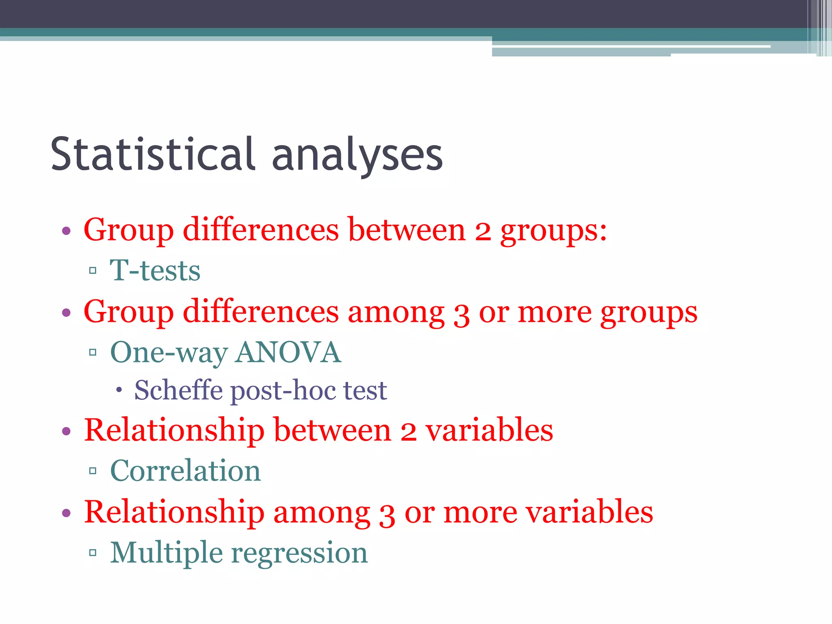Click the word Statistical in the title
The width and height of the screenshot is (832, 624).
pos(153,154)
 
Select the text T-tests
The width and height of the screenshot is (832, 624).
pos(155,271)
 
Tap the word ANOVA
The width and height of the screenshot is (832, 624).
pos(288,352)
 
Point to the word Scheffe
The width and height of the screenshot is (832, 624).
pos(178,390)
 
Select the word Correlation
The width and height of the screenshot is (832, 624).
pos(185,471)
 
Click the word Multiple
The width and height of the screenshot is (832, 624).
pos(167,553)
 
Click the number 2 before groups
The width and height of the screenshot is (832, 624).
pos(483,231)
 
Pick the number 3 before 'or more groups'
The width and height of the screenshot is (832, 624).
pos(461,313)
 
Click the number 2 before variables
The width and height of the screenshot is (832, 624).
pos(408,431)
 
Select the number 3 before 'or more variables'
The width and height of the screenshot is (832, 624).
pos(387,513)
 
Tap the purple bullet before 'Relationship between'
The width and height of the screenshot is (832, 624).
pos(66,431)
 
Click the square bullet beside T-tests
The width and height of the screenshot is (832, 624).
pos(93,270)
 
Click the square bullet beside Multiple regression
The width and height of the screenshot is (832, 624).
pos(93,552)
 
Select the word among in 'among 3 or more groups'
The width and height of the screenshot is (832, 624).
pos(396,312)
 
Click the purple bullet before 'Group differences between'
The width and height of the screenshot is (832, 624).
pos(66,232)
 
